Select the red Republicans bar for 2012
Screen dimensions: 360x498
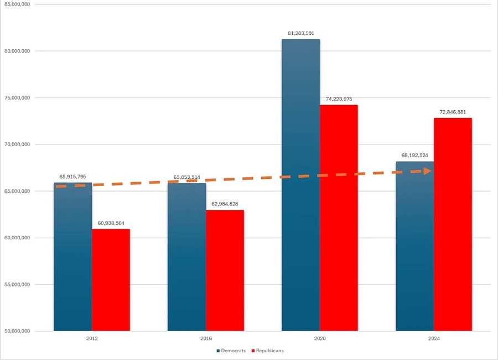(111, 280)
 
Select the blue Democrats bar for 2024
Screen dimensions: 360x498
(414, 249)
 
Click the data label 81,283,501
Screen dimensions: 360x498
(300, 33)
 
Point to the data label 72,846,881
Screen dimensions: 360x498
(453, 112)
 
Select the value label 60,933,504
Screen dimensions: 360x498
(111, 223)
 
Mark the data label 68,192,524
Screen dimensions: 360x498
(414, 155)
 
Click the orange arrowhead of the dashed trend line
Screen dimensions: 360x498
(427, 171)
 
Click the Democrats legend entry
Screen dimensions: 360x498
(231, 351)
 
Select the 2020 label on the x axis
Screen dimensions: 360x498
(319, 338)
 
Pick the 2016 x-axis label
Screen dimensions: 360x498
(205, 338)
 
